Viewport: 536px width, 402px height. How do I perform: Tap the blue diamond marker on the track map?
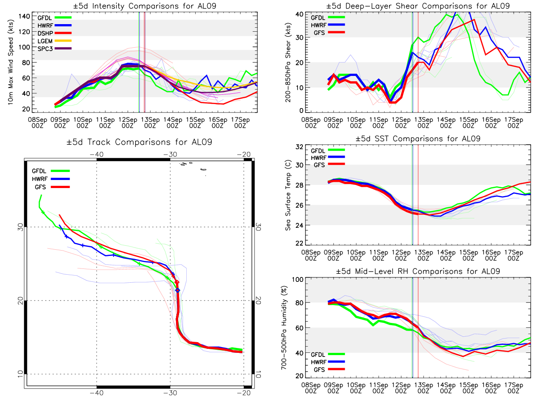coord(178,290)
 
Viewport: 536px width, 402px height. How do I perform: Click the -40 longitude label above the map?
coord(96,154)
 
